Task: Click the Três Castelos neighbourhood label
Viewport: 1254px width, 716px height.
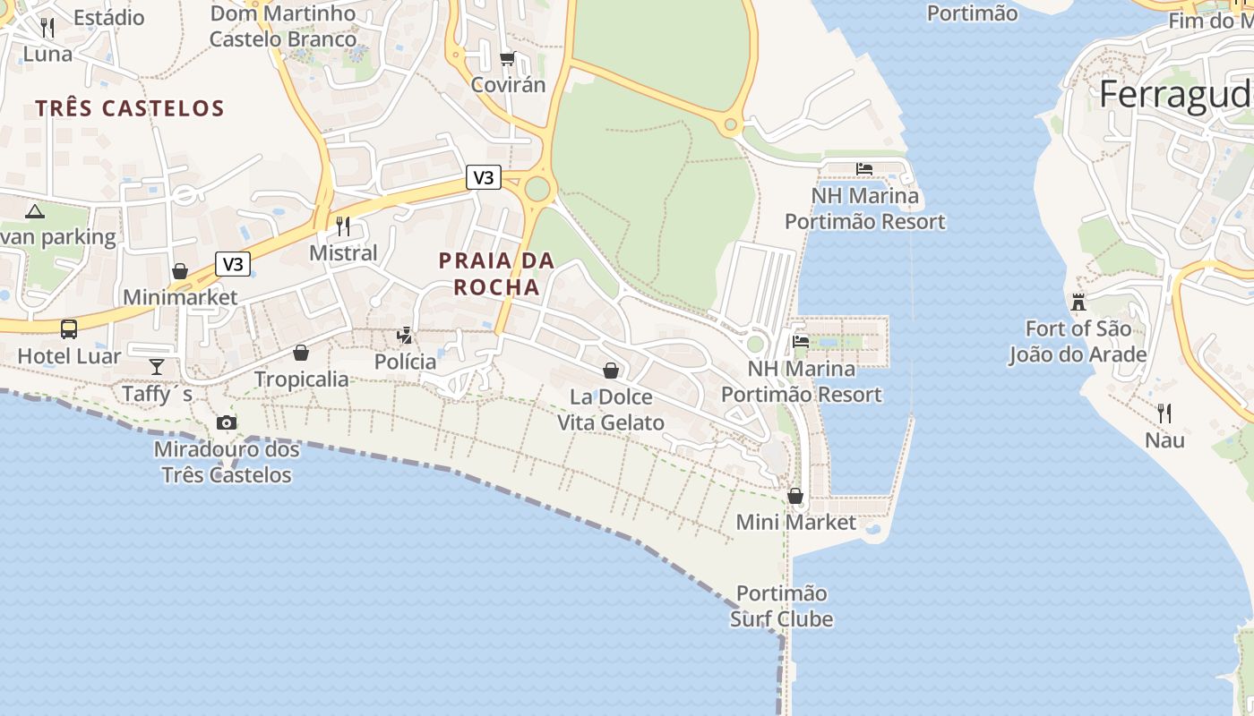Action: [x=130, y=108]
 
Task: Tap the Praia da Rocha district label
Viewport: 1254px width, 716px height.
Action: [x=496, y=274]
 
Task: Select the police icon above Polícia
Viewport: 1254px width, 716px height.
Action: [x=406, y=336]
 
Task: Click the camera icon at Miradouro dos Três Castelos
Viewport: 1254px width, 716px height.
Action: [x=227, y=422]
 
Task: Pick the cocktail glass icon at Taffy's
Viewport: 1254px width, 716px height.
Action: [x=157, y=366]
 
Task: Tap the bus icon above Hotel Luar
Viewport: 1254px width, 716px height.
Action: [x=69, y=328]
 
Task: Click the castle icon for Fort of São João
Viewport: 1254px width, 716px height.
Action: [x=1078, y=302]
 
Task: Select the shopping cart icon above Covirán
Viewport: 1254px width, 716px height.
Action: [x=507, y=58]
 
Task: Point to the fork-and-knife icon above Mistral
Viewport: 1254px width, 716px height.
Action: [x=343, y=226]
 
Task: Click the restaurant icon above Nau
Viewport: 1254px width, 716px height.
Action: [x=1164, y=413]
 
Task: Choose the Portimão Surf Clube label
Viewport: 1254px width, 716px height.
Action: [x=782, y=606]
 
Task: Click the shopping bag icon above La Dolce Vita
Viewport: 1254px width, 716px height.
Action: [x=611, y=370]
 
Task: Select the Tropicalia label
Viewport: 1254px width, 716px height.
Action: [x=302, y=379]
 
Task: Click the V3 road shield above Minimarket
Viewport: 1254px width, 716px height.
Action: [x=232, y=264]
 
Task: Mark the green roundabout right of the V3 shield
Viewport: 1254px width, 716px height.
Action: [x=537, y=189]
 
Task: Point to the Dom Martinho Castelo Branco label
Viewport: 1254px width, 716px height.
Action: [x=283, y=27]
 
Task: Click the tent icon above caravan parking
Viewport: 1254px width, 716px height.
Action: [x=35, y=211]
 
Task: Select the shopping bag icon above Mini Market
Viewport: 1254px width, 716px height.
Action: [x=795, y=495]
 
